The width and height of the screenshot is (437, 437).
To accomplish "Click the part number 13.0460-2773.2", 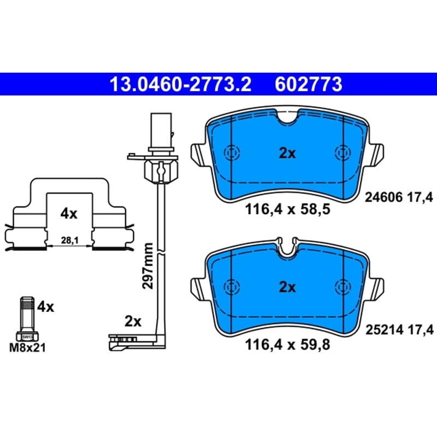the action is pos(181,85).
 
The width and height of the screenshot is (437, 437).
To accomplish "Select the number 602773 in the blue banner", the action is pos(309,85).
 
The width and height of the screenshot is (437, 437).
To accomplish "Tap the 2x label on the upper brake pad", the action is pos(287,153).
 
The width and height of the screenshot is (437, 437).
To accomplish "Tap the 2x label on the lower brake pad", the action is pos(287,287).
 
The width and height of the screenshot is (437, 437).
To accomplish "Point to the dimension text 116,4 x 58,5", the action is pos(287,209).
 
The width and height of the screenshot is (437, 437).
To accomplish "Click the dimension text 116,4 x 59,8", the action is pos(287,345).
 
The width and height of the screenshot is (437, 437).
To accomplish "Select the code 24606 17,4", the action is pos(399,198).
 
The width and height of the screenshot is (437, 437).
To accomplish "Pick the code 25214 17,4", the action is pos(400,330).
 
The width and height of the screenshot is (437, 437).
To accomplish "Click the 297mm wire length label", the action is pos(147,266).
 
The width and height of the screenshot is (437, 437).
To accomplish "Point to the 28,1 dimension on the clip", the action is pos(70,240).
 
